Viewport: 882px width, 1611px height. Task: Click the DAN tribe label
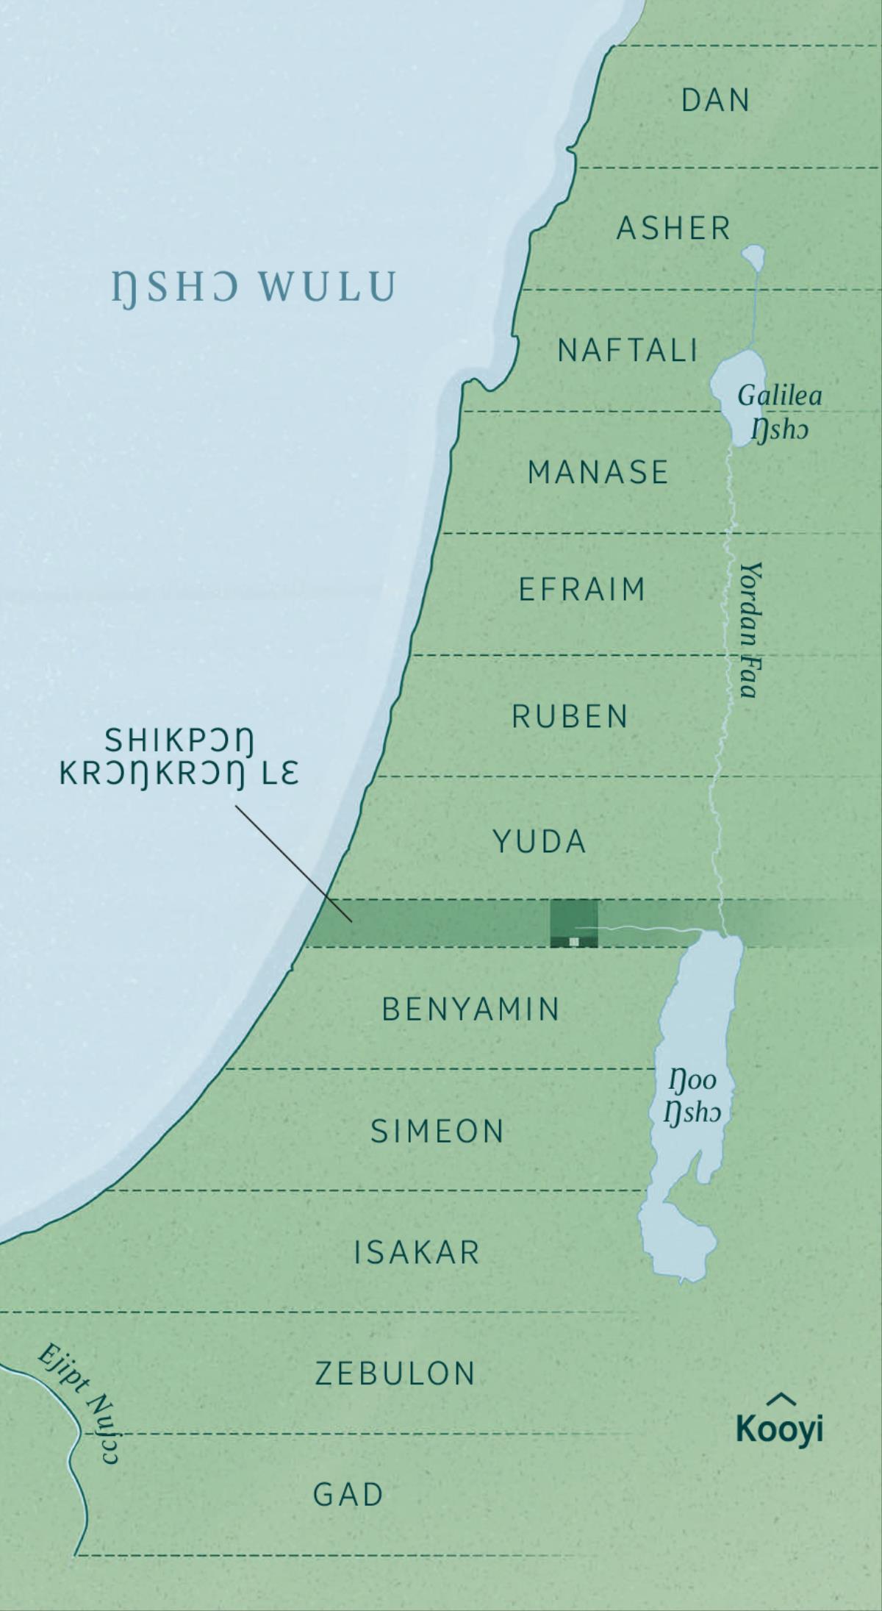[715, 100]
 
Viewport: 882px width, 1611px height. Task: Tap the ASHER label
[673, 228]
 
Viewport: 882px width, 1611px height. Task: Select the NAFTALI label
[627, 350]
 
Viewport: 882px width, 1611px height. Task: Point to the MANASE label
[598, 472]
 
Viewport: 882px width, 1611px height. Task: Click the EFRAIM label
[581, 590]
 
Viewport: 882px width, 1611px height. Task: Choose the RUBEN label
[570, 716]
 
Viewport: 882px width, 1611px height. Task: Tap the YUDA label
[539, 841]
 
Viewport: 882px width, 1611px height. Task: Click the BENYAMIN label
[471, 1009]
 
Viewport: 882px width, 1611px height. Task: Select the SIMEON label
[437, 1131]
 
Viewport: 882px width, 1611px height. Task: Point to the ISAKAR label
[417, 1252]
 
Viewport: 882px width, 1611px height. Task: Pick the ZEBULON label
[395, 1374]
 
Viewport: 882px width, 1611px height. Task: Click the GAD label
[348, 1494]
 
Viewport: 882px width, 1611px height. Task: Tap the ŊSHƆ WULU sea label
[254, 287]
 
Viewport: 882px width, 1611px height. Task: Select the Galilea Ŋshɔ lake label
[779, 412]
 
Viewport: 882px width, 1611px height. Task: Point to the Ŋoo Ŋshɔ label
[692, 1096]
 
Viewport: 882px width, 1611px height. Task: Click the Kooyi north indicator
[779, 1421]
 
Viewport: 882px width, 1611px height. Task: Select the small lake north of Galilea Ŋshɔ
[753, 257]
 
